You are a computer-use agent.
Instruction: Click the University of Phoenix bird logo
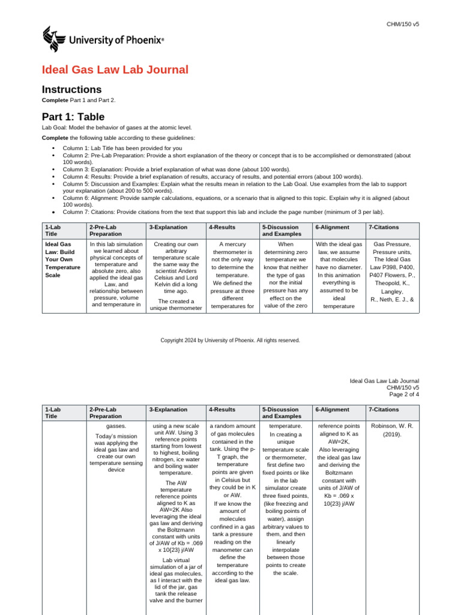click(52, 40)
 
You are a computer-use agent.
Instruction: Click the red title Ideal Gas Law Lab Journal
click(115, 70)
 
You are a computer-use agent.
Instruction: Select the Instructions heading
click(67, 89)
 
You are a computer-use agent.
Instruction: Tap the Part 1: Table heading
click(73, 117)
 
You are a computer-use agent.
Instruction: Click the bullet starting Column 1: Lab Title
click(122, 148)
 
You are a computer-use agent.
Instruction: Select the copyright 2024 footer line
click(230, 340)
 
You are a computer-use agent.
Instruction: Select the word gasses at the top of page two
click(116, 426)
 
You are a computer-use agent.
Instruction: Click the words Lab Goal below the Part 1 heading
click(55, 129)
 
